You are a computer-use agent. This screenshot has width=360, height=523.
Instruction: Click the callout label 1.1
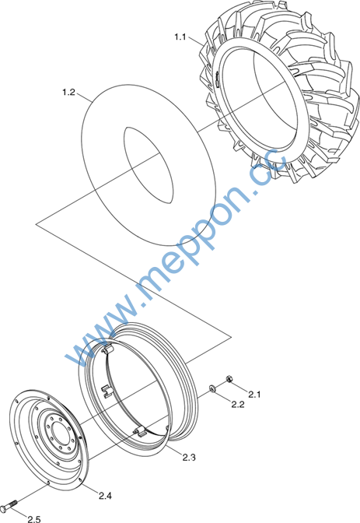[x=180, y=37]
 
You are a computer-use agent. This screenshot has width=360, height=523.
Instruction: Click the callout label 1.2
[x=68, y=92]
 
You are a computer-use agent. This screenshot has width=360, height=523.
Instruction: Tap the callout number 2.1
[x=254, y=395]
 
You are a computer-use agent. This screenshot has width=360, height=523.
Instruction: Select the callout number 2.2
[x=238, y=404]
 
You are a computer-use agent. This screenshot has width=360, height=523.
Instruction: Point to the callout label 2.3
[x=189, y=458]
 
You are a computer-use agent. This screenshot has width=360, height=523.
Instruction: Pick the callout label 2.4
[x=105, y=496]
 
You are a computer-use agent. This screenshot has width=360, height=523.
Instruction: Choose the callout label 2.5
[x=34, y=518]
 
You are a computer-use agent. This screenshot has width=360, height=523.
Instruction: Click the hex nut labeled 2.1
[x=229, y=379]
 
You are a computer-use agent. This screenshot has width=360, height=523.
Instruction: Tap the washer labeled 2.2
[x=212, y=388]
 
